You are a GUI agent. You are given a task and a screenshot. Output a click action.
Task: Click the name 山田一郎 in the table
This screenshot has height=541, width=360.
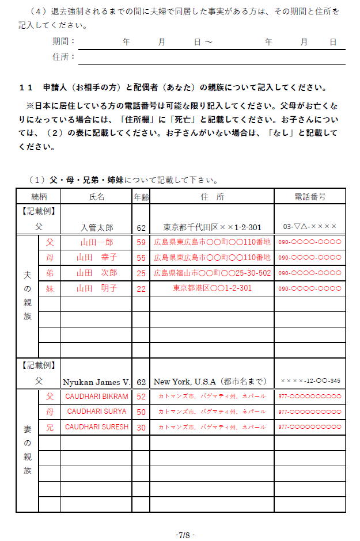(97, 242)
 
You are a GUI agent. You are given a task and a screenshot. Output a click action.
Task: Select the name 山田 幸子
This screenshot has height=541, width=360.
(97, 257)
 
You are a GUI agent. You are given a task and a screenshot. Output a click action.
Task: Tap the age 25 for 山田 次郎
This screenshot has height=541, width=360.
(141, 273)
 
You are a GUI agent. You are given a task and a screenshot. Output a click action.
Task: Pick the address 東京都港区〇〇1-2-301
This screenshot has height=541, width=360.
(212, 288)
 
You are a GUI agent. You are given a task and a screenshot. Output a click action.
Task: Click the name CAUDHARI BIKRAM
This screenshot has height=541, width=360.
(97, 397)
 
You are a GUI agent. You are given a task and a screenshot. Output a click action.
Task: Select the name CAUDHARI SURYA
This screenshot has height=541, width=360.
(97, 412)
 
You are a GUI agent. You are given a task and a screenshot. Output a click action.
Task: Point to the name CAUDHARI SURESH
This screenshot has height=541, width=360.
(97, 428)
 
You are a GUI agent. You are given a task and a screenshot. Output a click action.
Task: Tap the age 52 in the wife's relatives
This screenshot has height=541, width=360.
(141, 397)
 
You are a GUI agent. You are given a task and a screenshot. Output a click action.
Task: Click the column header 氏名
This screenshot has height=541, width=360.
(97, 196)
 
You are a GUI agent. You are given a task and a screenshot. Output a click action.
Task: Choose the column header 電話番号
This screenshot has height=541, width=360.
(309, 196)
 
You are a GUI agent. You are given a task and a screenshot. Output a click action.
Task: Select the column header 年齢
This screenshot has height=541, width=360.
(141, 196)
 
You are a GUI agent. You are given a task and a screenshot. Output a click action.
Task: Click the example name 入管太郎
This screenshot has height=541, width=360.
(97, 227)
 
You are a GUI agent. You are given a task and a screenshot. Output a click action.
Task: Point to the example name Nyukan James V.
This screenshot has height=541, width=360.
(97, 382)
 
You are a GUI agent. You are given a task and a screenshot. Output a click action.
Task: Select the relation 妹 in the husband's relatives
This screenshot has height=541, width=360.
(50, 288)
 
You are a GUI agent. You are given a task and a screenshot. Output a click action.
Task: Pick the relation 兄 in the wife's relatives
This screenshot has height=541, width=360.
(50, 428)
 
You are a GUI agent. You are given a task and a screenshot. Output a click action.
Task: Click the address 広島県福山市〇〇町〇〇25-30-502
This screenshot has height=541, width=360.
(212, 273)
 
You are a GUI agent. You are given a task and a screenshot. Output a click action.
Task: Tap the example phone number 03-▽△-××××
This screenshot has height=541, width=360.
(309, 227)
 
